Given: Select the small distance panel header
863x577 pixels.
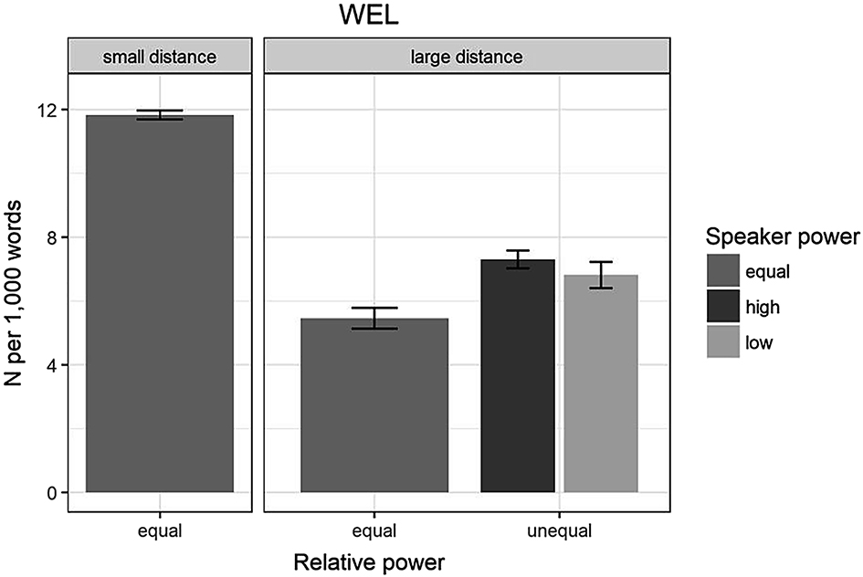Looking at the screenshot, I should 160,58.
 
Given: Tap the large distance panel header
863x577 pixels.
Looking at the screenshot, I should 467,58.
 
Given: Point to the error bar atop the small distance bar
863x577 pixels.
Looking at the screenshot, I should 160,115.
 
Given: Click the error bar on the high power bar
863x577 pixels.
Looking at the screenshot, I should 518,259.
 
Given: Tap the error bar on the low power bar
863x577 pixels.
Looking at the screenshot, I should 600,275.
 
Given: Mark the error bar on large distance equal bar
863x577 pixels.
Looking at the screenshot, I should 374,318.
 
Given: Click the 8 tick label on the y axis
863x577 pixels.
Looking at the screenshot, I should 52,237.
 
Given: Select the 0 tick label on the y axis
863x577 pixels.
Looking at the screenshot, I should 52,493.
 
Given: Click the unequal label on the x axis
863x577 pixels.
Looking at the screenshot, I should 559,530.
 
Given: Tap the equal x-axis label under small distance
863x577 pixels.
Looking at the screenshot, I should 160,530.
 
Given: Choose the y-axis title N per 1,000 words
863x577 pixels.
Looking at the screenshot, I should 16,301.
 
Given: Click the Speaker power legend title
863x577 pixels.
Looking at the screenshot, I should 782,237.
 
